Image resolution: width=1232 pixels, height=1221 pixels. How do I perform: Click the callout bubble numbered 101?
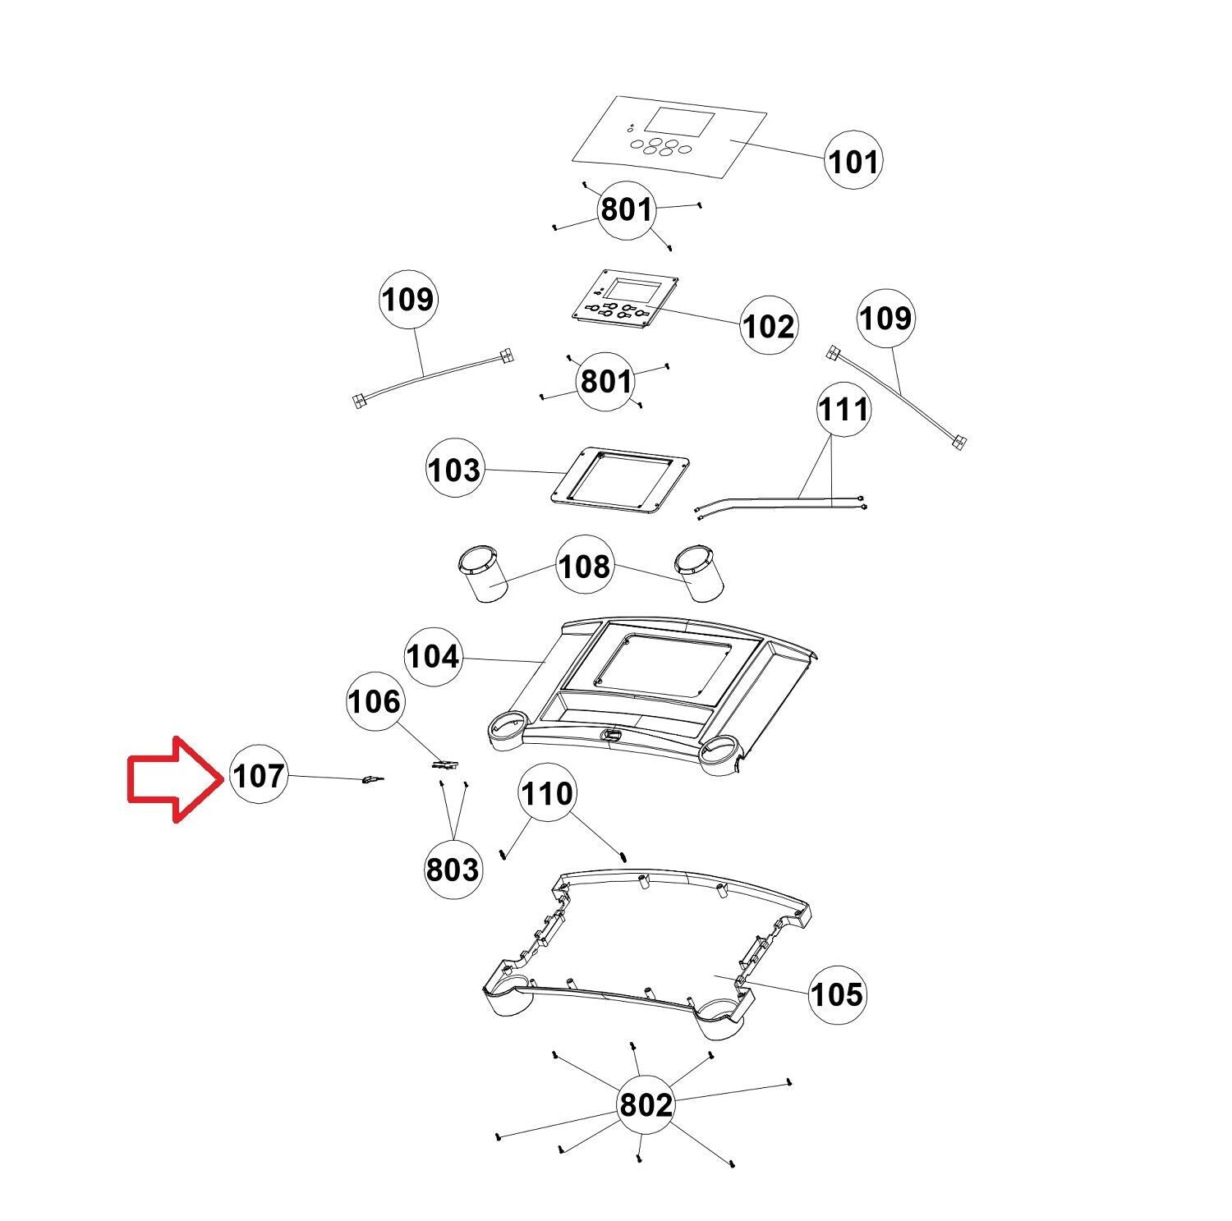click(853, 162)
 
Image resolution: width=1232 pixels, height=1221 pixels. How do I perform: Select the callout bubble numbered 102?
click(768, 326)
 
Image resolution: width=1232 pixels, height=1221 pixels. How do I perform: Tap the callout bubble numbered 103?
click(454, 470)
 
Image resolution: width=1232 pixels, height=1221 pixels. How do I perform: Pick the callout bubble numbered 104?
click(434, 657)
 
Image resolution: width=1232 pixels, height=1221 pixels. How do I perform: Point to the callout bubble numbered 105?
click(837, 994)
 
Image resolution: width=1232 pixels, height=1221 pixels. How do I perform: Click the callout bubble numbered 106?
click(375, 702)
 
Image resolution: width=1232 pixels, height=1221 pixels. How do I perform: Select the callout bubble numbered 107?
click(259, 775)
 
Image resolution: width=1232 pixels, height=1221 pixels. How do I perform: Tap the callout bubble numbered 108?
click(585, 566)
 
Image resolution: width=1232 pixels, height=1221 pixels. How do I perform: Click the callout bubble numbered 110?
click(547, 794)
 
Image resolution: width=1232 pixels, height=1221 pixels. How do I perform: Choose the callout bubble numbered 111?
click(844, 408)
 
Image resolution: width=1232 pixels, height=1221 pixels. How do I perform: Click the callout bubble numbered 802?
click(646, 1105)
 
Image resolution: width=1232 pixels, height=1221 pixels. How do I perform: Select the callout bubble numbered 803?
click(453, 869)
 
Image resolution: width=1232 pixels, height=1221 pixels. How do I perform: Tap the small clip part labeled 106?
click(444, 765)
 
